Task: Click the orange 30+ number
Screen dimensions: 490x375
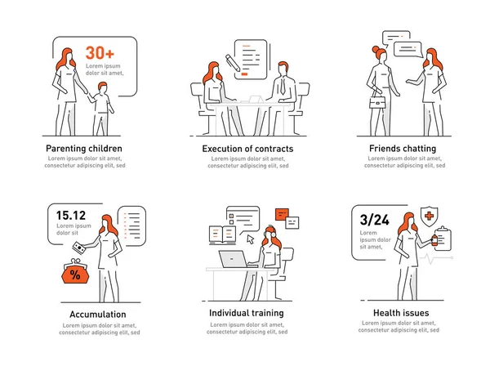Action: point(100,52)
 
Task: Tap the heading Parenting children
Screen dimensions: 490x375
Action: point(84,149)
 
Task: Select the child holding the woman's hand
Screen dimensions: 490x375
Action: point(101,109)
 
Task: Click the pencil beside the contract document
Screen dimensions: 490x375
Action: point(233,62)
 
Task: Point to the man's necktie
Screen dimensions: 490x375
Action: point(283,87)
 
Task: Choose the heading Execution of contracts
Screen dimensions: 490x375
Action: point(247,149)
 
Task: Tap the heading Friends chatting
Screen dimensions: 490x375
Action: point(403,148)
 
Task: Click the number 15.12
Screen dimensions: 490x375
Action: point(71,216)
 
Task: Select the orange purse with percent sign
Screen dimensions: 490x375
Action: point(75,272)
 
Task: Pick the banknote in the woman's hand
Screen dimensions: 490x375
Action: point(79,248)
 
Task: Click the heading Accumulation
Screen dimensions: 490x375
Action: point(98,314)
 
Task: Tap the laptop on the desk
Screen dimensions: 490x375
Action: point(233,259)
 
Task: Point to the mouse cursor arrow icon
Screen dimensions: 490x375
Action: point(251,239)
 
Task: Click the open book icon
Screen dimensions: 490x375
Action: point(222,235)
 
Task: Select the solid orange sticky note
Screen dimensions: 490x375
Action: point(282,214)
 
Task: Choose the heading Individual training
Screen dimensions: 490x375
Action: point(247,313)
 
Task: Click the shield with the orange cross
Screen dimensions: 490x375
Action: point(429,217)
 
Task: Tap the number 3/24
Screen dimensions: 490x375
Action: point(374,220)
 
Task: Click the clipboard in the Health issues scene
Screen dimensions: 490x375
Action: point(443,239)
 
